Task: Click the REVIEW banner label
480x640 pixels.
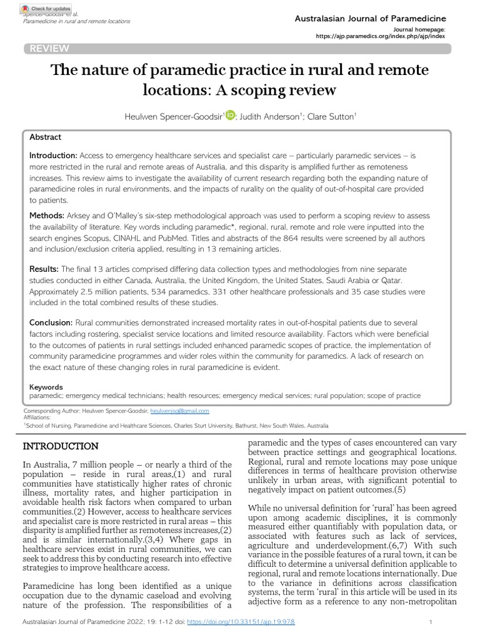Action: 47,49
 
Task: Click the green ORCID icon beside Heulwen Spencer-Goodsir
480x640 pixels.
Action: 229,114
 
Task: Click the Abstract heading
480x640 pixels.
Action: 46,137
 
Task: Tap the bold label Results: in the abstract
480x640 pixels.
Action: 46,268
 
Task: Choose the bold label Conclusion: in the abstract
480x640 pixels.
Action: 52,322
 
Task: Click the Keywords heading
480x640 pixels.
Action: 46,387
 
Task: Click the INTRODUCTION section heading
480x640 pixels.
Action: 61,446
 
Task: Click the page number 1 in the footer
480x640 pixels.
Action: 431,622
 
